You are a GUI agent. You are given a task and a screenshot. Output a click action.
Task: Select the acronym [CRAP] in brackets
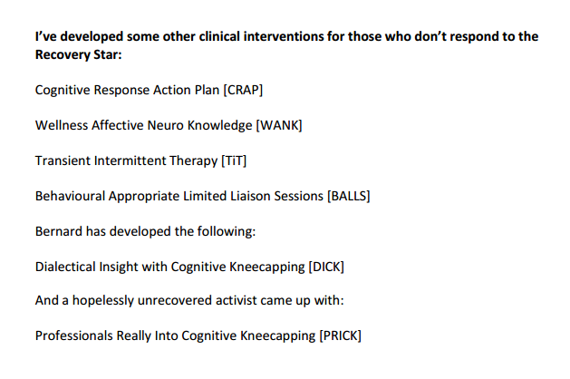pos(243,90)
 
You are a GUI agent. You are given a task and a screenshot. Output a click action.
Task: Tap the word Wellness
pos(62,125)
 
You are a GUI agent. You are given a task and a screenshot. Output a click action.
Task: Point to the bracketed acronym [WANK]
pos(279,125)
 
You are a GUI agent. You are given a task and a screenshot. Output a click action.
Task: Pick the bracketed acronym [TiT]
pos(234,160)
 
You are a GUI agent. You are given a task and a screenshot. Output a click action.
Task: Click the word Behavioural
pos(70,196)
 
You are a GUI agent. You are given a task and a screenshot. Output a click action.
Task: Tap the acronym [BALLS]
pos(349,196)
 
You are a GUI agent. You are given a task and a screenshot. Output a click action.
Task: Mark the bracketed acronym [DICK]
pos(326,267)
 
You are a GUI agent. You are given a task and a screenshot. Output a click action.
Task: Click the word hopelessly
pos(103,301)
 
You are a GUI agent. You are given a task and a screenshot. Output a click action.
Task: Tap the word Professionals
pos(73,335)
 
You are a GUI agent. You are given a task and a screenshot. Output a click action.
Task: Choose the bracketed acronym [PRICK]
pos(340,335)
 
